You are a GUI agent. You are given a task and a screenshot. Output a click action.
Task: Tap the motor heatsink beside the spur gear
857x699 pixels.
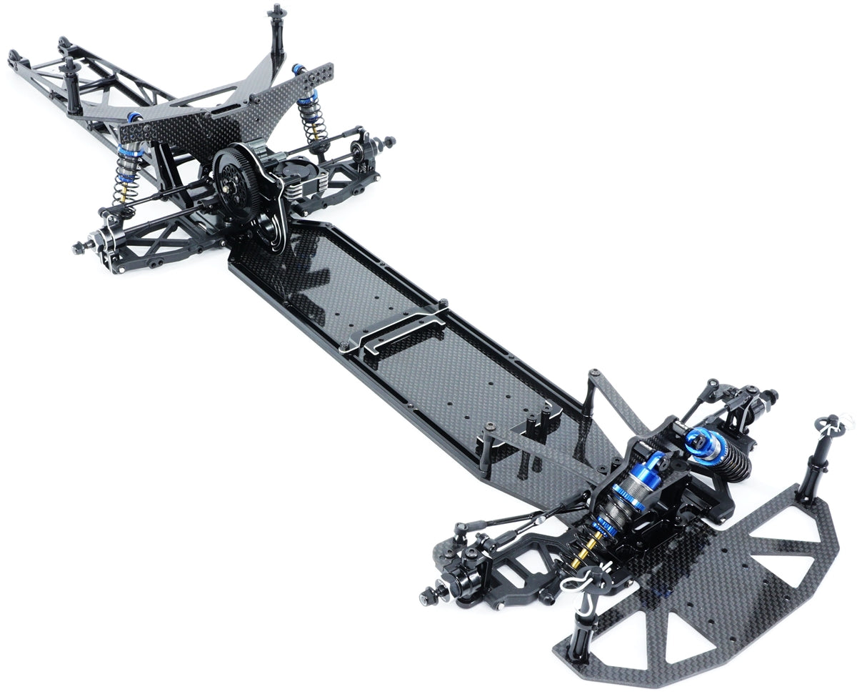click(x=304, y=182)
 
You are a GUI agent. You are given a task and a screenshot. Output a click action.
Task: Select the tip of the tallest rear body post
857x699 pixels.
click(x=276, y=11)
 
